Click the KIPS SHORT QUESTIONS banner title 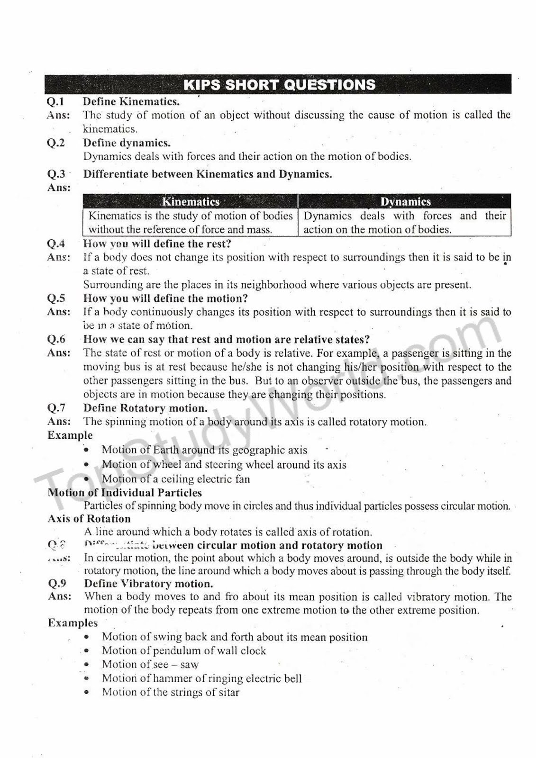click(279, 85)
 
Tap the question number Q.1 click(56, 101)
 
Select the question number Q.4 click(56, 244)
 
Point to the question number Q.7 click(56, 408)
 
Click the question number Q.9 click(57, 584)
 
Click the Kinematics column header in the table click(191, 202)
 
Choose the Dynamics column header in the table click(405, 202)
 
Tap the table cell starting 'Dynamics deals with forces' click(404, 223)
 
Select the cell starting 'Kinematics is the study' click(191, 223)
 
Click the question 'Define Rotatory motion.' click(146, 408)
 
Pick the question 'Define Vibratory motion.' click(148, 584)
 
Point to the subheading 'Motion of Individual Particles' click(125, 493)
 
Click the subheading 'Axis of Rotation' click(89, 519)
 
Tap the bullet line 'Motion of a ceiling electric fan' click(176, 479)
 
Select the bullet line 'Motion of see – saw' click(150, 665)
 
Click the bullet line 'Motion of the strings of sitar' click(171, 692)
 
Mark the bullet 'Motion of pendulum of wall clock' click(184, 651)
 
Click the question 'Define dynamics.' click(127, 143)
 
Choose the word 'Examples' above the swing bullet click(73, 623)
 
